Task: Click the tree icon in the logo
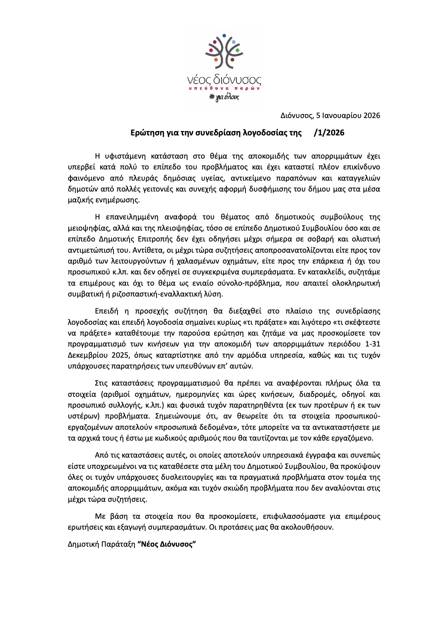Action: tap(224, 51)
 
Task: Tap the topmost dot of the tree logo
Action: tap(224, 35)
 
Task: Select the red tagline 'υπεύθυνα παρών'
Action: tap(224, 88)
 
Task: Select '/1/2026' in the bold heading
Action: tap(329, 133)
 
